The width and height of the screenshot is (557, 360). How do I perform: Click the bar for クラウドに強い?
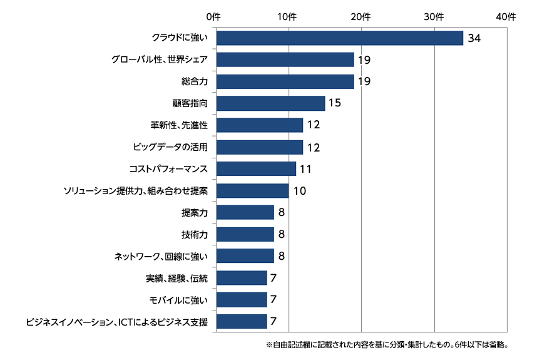(339, 38)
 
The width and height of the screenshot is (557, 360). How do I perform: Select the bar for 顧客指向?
(270, 103)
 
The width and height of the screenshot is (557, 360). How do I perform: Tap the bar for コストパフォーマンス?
(256, 169)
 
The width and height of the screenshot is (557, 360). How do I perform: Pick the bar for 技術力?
(245, 234)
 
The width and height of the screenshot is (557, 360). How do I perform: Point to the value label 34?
(474, 39)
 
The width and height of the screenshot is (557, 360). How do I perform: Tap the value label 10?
(299, 191)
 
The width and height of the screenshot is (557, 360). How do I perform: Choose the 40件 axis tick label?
(506, 16)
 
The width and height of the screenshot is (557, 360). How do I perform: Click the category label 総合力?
(194, 81)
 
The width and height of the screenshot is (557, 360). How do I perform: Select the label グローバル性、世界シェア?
(159, 60)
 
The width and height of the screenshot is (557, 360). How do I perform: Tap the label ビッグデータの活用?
(170, 147)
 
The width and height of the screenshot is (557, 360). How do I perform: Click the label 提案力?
(194, 213)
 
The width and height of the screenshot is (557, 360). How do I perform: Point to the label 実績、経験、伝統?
(176, 278)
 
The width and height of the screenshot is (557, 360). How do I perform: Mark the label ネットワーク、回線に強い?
(160, 256)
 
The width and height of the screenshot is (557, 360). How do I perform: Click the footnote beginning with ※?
(386, 345)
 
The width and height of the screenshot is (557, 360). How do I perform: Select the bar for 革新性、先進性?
(259, 125)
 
